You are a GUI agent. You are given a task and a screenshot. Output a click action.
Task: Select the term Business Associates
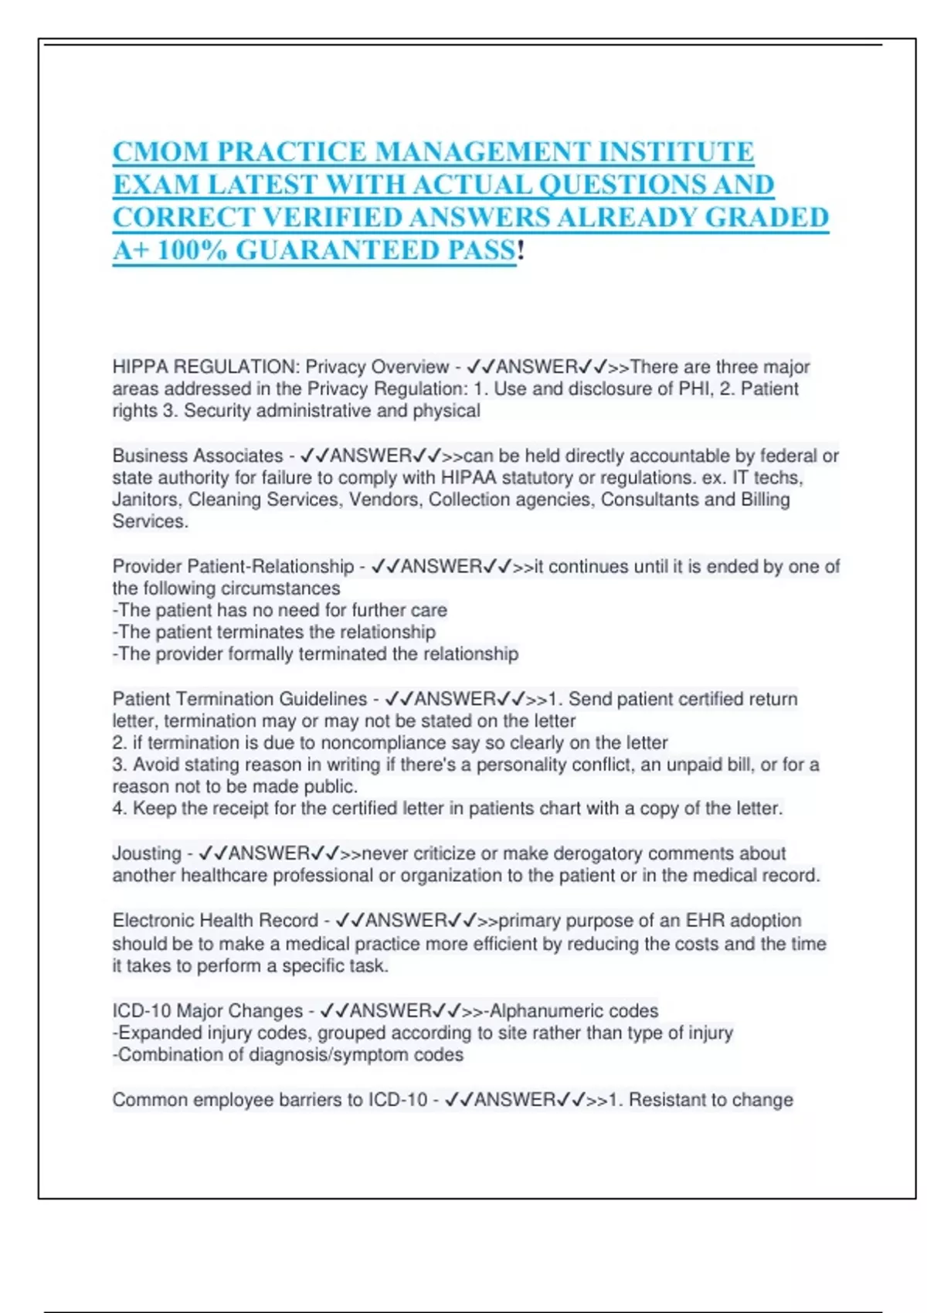pyautogui.click(x=198, y=456)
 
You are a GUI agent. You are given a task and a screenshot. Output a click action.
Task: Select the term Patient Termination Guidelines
pyautogui.click(x=239, y=699)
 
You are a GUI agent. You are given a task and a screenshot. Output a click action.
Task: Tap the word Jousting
pyautogui.click(x=147, y=853)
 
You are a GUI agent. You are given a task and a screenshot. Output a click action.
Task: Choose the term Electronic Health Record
pyautogui.click(x=215, y=921)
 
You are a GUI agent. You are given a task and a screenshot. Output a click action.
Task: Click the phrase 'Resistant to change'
pyautogui.click(x=711, y=1100)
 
